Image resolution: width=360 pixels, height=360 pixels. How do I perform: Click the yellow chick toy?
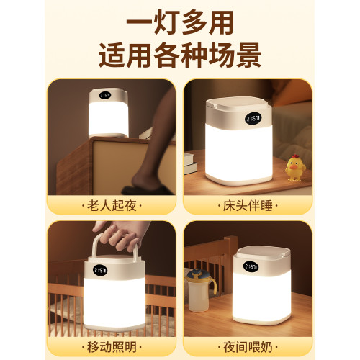point(295,168)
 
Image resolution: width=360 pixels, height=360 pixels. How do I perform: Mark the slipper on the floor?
point(155,189)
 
